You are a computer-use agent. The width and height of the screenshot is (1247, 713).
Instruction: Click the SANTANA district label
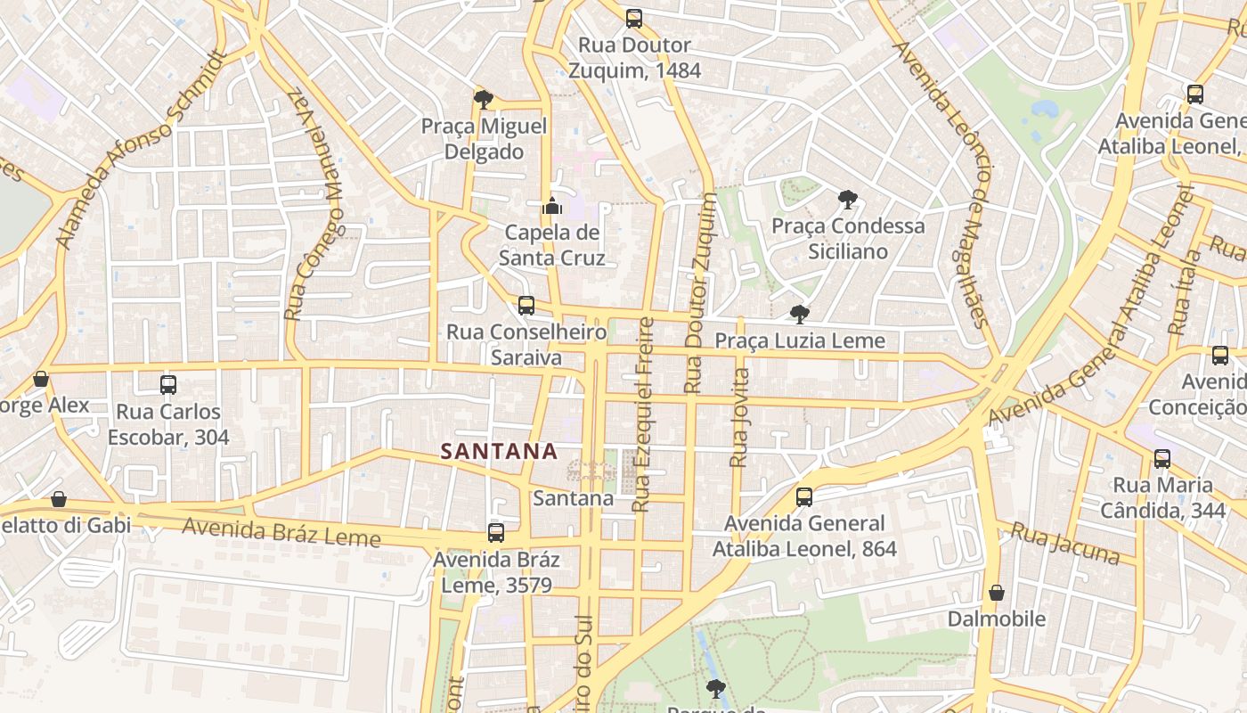(499, 452)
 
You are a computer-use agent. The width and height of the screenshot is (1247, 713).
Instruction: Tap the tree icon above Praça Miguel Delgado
(484, 99)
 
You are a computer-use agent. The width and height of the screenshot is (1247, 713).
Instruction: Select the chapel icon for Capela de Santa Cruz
(552, 208)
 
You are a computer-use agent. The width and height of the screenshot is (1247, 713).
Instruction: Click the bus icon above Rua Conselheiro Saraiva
(526, 306)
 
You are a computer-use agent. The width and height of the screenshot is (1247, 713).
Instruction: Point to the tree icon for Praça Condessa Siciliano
(848, 200)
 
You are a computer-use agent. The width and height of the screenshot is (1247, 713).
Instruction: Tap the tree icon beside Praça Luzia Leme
(800, 314)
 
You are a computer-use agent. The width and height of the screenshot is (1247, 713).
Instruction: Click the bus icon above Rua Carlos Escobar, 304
(168, 385)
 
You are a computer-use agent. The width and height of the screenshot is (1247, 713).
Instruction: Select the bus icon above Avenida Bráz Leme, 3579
(496, 533)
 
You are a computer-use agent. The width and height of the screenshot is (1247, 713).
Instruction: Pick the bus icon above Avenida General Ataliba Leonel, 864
(804, 497)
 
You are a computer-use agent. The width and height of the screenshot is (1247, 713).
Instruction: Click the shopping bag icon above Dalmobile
(997, 593)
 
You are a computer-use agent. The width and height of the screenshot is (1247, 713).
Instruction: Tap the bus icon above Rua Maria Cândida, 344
(1162, 459)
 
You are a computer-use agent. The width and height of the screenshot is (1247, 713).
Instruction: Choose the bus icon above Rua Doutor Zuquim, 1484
(634, 18)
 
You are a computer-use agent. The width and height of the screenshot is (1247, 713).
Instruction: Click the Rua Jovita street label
(739, 417)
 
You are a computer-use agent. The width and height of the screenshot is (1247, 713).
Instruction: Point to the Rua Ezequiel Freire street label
(642, 414)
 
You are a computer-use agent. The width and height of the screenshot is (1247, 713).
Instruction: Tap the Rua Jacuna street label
(1064, 544)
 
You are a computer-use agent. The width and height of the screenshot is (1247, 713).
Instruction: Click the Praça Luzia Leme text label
(800, 340)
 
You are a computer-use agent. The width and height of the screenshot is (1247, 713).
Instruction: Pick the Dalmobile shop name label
(997, 619)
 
